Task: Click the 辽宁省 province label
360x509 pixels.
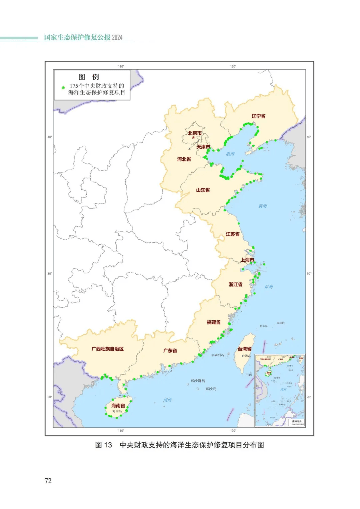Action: pos(258,116)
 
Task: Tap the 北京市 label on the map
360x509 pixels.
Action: pos(195,133)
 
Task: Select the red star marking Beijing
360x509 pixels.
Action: pos(193,137)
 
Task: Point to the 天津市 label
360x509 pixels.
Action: pos(203,147)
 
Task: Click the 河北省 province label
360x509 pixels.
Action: pos(184,159)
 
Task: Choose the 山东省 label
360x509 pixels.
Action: pos(203,190)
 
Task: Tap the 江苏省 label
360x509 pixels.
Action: pos(233,234)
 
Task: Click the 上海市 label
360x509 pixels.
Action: pos(247,260)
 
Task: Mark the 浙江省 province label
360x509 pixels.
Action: pos(235,284)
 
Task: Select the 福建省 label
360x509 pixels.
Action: pos(213,322)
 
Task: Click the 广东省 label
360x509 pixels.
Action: pos(170,350)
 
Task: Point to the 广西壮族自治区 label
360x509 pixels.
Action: pos(107,349)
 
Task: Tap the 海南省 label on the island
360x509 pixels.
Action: pos(118,406)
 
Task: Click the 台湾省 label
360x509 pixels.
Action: pos(244,349)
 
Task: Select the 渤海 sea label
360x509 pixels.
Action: pos(230,154)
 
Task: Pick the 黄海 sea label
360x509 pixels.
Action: pos(263,206)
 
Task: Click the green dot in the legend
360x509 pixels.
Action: pos(63,88)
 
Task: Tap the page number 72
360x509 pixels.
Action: pos(48,480)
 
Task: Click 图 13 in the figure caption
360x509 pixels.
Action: pos(103,445)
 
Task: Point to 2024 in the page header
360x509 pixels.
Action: pos(117,37)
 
